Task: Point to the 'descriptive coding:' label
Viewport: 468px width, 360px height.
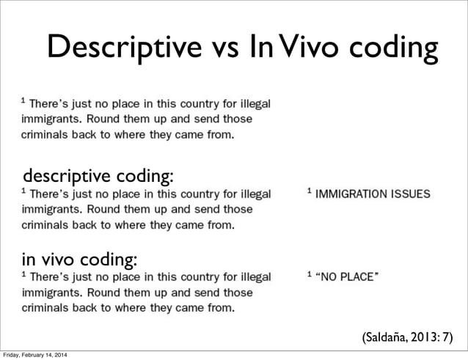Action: coord(99,176)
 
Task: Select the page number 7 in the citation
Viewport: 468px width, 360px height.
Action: coord(448,337)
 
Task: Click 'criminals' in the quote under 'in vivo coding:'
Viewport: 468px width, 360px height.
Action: coord(45,308)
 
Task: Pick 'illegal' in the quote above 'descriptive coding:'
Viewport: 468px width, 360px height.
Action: coord(252,105)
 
